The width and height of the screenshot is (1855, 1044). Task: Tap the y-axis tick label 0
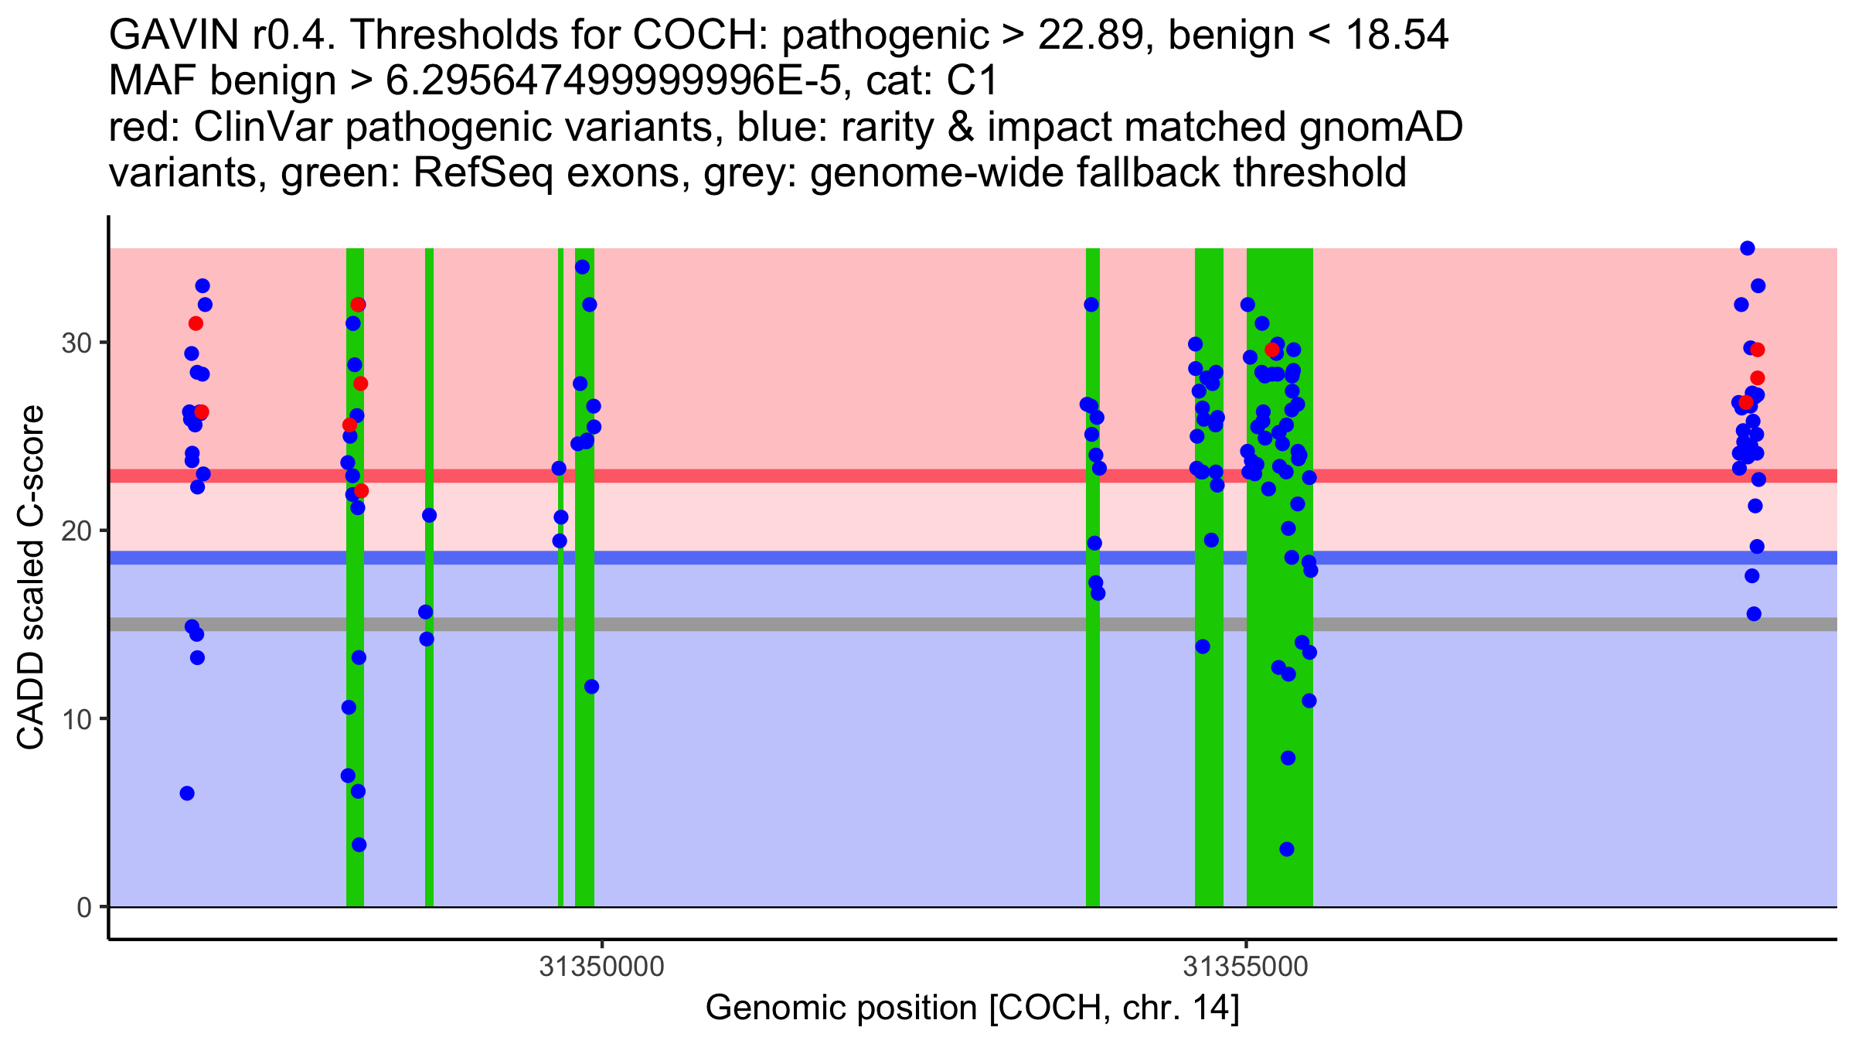tap(83, 907)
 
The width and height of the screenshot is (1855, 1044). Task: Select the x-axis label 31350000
tap(601, 967)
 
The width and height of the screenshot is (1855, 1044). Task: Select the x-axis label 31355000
tap(1246, 967)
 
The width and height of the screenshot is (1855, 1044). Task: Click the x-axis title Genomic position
tap(842, 1008)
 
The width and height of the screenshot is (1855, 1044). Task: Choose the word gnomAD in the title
tap(1380, 128)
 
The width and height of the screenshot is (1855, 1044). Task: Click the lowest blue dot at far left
tap(187, 793)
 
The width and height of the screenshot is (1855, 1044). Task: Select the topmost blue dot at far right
tap(1748, 248)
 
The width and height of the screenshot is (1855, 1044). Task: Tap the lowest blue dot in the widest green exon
tap(1287, 849)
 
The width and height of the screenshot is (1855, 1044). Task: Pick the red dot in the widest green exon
tap(1271, 350)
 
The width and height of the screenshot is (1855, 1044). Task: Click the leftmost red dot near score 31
tap(196, 323)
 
